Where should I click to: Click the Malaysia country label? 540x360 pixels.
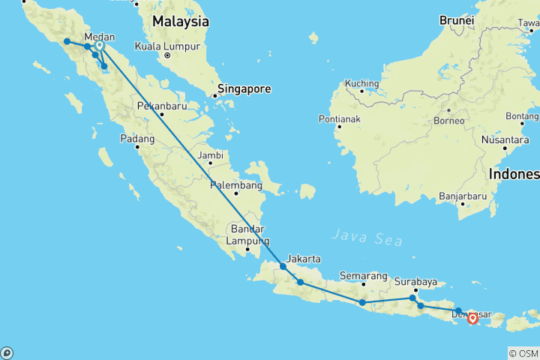tap(180, 22)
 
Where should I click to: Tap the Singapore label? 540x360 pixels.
tap(243, 88)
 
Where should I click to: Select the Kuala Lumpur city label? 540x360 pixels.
tap(166, 46)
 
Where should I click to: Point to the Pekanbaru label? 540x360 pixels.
tap(161, 106)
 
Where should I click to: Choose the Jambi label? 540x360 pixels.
tap(211, 155)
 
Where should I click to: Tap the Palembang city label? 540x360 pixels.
tap(236, 185)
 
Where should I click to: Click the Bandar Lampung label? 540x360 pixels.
tap(249, 234)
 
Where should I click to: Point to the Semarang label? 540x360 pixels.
tap(363, 275)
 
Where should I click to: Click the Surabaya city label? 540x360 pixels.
tap(416, 282)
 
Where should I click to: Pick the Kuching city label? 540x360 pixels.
tap(362, 82)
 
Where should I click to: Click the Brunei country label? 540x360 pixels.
tap(457, 20)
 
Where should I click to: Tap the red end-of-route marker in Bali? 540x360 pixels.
tap(472, 318)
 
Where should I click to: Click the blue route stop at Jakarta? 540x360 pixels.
tap(283, 266)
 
